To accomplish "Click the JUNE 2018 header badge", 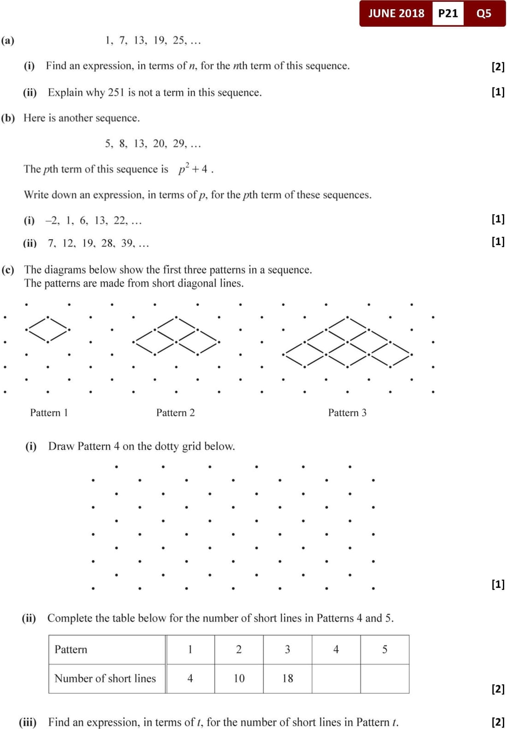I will tap(396, 13).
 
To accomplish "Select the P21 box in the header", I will tap(448, 13).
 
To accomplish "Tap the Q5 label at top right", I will tap(483, 13).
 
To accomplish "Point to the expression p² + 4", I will tap(193, 169).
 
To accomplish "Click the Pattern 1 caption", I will tap(49, 412).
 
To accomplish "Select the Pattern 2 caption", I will tap(175, 412).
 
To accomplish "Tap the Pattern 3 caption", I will tap(347, 412).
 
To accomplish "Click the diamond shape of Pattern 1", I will tap(48, 329).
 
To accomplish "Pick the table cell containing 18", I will tap(288, 678).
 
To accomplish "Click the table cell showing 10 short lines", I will tap(239, 678).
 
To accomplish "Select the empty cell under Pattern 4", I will tap(336, 678).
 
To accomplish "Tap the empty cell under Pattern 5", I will tap(384, 678).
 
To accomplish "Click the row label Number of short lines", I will tap(105, 678).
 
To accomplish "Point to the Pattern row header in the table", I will tap(71, 649).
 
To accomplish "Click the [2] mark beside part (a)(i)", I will tap(498, 66).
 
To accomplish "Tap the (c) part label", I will tap(8, 270).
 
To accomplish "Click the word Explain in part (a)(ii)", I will tap(65, 93).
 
